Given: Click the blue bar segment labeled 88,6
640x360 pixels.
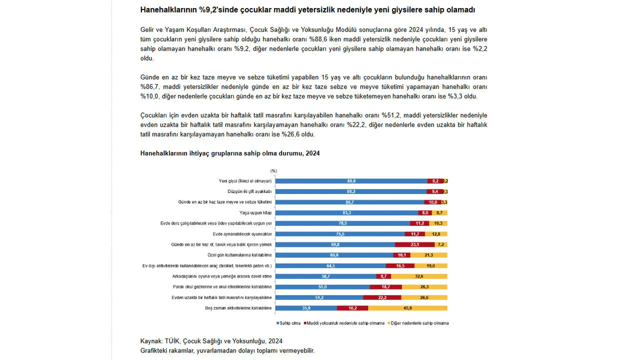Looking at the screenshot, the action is click(x=351, y=181).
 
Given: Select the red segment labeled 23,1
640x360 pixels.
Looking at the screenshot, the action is click(x=415, y=244).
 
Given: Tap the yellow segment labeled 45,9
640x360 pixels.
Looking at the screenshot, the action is click(x=407, y=308).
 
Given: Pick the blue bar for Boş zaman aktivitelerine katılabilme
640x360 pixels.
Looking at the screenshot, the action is click(x=306, y=308).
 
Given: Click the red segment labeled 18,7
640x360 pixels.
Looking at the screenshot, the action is click(x=385, y=287).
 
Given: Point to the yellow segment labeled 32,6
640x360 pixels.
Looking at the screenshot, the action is click(x=419, y=276).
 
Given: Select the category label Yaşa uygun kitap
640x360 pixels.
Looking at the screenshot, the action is click(x=255, y=212).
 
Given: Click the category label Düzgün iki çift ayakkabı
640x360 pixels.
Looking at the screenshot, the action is click(x=249, y=191).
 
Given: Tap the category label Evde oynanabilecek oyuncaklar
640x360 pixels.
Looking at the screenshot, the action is click(x=242, y=234).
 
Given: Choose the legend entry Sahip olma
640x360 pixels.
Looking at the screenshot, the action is click(x=288, y=323).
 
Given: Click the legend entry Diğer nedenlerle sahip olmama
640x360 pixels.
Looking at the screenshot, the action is click(x=418, y=323).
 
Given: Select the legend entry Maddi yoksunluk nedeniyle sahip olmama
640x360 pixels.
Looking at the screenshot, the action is click(x=344, y=323).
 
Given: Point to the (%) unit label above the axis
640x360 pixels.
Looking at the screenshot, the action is click(x=273, y=171).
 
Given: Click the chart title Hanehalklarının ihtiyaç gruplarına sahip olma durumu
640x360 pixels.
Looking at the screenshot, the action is click(x=221, y=153).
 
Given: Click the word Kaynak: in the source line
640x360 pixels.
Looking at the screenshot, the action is click(x=151, y=341).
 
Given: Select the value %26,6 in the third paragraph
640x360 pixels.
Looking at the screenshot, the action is click(x=290, y=134).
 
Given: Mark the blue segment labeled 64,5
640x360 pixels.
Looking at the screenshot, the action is click(x=330, y=265).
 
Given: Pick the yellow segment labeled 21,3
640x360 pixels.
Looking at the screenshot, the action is click(x=429, y=255).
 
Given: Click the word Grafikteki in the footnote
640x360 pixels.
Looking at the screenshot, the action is click(x=153, y=351).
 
